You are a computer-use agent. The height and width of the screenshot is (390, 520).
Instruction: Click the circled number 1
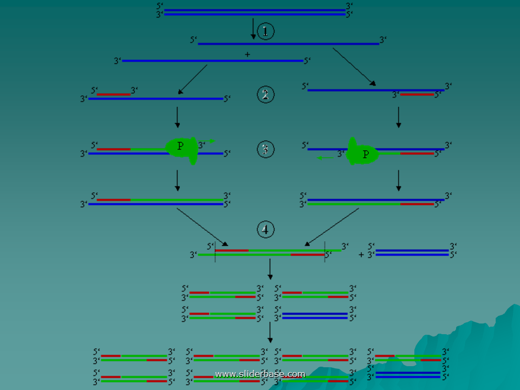265,31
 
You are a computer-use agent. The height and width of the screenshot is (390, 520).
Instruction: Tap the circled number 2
265,95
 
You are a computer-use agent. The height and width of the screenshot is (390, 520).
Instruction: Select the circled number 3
265,150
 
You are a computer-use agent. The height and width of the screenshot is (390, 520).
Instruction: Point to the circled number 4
265,230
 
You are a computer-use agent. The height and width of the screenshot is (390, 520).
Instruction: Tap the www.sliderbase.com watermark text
260,374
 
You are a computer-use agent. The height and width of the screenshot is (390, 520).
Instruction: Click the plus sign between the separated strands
248,55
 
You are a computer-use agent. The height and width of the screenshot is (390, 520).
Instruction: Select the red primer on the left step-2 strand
114,94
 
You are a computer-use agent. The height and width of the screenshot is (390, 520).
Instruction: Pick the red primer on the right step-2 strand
417,95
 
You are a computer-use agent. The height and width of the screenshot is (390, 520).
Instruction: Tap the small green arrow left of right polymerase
325,158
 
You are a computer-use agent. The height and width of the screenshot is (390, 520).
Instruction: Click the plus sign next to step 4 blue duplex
361,254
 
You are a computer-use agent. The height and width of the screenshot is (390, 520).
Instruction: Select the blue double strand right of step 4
412,252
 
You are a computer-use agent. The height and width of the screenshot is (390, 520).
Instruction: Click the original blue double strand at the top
255,12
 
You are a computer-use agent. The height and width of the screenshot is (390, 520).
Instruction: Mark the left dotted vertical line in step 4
216,252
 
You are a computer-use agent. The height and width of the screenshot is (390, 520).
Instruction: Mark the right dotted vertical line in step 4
324,252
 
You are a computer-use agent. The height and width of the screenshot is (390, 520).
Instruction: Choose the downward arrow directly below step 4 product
270,269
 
